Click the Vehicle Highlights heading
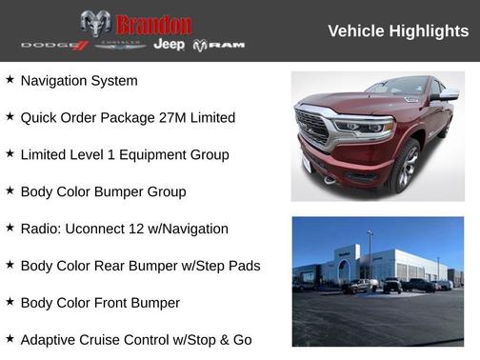pos(398,31)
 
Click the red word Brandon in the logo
pos(153,24)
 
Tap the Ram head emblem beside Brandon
pos(95,24)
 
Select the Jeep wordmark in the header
pos(170,45)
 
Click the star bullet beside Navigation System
pos(10,80)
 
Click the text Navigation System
pos(78,81)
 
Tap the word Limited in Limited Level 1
pos(46,154)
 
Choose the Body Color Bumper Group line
pos(103,191)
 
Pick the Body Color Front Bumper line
pos(99,303)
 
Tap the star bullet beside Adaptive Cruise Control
pos(10,339)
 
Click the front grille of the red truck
pos(312,128)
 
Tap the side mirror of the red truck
pos(446,95)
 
